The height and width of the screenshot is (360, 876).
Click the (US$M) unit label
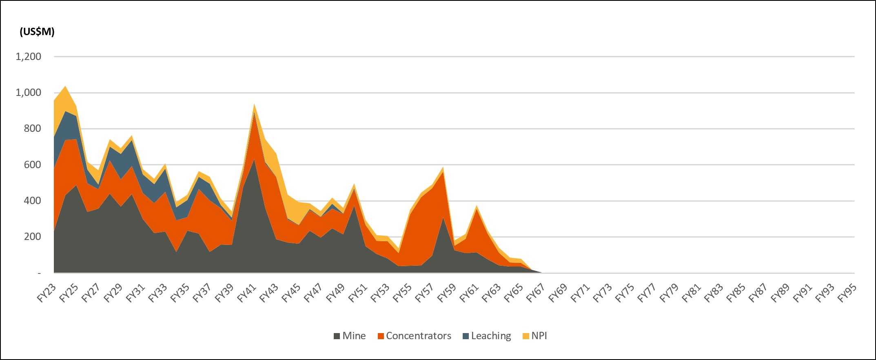pyautogui.click(x=37, y=32)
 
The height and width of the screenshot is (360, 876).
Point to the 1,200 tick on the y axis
pyautogui.click(x=29, y=57)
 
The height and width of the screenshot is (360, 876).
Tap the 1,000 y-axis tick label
pyautogui.click(x=29, y=93)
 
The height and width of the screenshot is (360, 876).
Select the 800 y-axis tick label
pyautogui.click(x=33, y=129)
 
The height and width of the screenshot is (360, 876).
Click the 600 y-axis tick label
pyautogui.click(x=33, y=164)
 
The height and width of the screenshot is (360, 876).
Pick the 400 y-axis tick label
pyautogui.click(x=33, y=200)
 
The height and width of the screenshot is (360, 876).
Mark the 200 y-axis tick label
pyautogui.click(x=33, y=236)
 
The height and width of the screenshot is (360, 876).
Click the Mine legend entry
pyautogui.click(x=350, y=336)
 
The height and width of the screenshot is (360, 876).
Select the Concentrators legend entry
pyautogui.click(x=415, y=336)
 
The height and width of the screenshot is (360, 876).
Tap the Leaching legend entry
pyautogui.click(x=487, y=336)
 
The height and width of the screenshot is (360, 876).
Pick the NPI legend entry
pyautogui.click(x=535, y=336)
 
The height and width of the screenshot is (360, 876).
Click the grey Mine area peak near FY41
pyautogui.click(x=254, y=160)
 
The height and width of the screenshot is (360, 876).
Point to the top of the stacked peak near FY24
pyautogui.click(x=65, y=86)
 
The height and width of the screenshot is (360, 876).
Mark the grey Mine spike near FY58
pyautogui.click(x=443, y=218)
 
